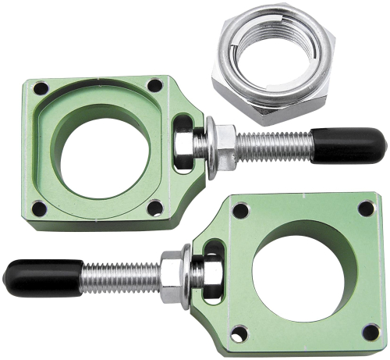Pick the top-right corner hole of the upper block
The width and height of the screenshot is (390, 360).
(x=154, y=85)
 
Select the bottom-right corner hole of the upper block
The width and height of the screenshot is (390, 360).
(x=155, y=208)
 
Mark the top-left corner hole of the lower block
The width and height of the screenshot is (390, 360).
(x=241, y=210)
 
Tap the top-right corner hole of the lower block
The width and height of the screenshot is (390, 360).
(x=366, y=209)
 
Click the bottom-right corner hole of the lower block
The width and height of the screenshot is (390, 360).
(x=370, y=332)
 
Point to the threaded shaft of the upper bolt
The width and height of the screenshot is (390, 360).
(x=274, y=143)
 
